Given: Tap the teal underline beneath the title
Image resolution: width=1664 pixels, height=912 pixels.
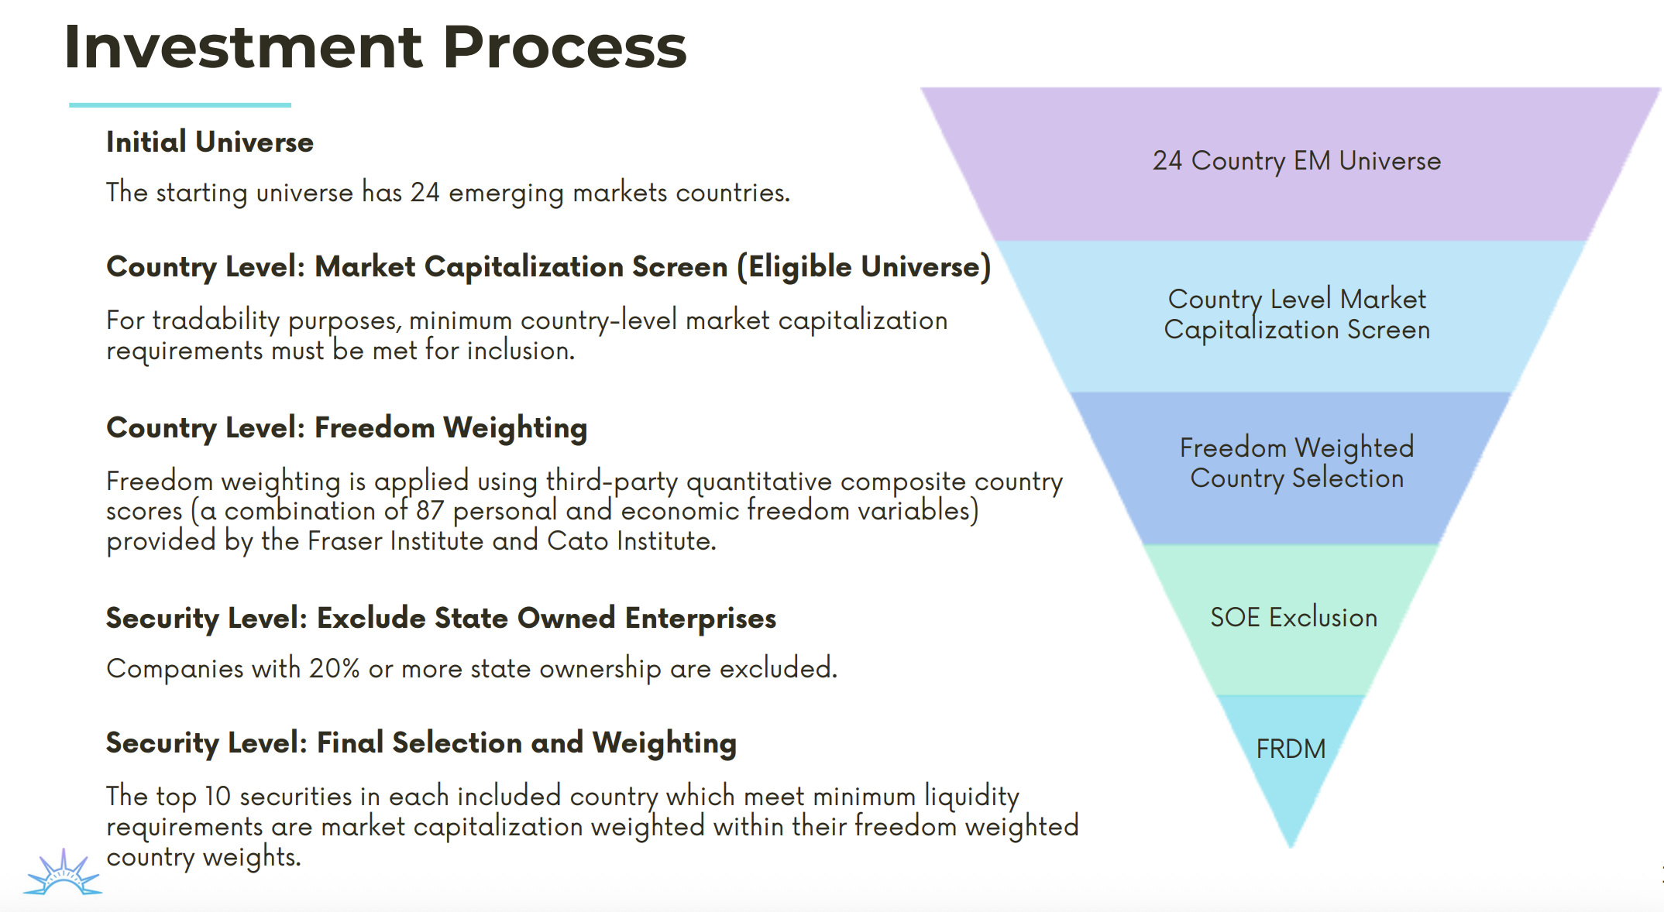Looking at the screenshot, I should coord(180,105).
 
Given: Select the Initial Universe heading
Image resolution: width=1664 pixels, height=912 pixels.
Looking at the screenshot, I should coord(209,142).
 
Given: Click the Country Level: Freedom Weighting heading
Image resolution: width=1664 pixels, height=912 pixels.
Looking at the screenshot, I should coord(346,427).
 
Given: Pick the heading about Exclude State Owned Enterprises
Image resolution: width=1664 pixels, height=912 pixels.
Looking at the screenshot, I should coord(441,618).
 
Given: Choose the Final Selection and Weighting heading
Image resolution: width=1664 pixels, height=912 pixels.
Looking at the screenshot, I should coord(421,742).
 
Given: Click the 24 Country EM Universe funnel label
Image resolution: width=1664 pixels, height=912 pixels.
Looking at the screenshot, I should coord(1296,160).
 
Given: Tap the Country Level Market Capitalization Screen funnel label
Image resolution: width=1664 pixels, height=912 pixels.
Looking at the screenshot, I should coord(1296,314).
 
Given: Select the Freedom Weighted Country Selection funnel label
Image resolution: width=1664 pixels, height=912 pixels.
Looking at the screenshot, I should coord(1296,462).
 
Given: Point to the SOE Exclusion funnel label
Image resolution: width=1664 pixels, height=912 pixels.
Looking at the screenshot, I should coord(1293,617).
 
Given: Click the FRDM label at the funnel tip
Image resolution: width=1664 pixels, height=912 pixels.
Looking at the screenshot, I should coord(1291,749).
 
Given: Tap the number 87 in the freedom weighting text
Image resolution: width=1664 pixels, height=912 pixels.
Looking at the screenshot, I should coord(429,511).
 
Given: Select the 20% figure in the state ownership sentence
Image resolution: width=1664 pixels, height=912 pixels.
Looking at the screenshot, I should coord(334,668).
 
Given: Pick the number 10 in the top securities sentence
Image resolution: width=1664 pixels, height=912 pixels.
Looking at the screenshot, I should coord(218,796).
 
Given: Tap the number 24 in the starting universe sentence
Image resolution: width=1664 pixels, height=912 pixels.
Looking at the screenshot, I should coord(425,192).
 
